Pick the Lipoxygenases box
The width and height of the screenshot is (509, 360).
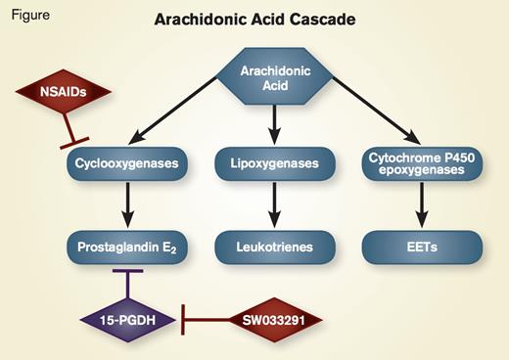point(275,162)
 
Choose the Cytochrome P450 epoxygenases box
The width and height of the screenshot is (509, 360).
point(424,162)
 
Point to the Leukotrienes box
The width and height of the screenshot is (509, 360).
point(275,247)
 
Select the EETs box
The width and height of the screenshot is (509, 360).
point(424,247)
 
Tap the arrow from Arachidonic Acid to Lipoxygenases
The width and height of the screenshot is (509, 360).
point(275,122)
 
